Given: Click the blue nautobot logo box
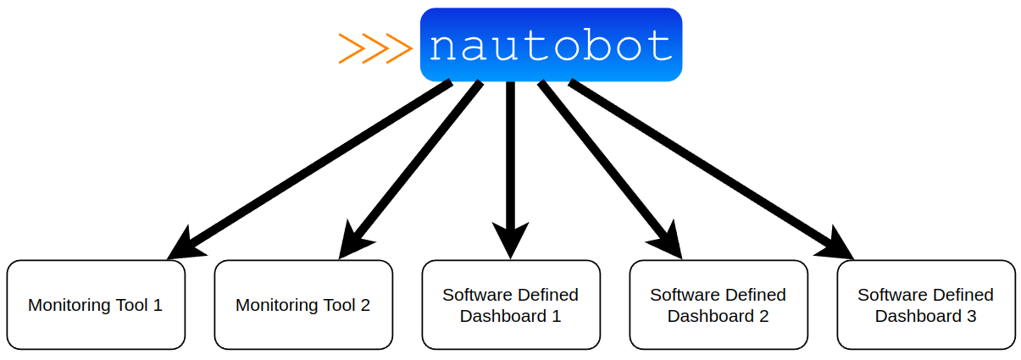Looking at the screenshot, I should point(551,45).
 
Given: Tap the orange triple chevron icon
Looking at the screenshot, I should point(375,48).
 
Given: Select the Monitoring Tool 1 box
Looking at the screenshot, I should point(96,305).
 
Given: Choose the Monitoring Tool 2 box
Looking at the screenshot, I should point(303,305).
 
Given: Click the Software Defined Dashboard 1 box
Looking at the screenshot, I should point(511,305).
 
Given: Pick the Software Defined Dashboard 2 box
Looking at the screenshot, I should point(719,305).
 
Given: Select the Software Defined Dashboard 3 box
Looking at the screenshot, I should point(926,305).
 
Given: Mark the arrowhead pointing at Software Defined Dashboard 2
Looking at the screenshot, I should point(670,243).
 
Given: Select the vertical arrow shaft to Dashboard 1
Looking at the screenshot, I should point(511,152).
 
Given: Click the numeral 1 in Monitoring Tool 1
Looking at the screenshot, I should point(157,305).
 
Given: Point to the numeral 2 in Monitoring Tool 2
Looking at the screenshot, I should point(365,305).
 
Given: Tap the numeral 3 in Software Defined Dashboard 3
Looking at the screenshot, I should point(971,316).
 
